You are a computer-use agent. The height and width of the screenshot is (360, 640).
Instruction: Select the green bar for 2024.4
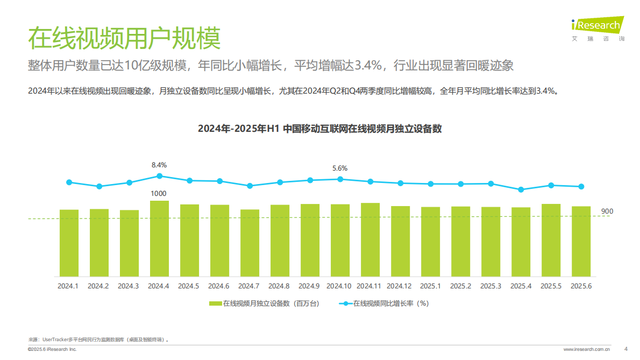159,238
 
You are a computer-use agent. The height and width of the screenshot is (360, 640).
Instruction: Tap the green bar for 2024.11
370,239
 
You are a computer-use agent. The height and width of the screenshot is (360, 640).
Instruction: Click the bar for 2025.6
581,241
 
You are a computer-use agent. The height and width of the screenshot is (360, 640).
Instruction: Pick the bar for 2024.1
69,243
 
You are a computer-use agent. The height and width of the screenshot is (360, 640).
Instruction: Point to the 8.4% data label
159,165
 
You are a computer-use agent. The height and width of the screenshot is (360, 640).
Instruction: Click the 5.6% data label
340,168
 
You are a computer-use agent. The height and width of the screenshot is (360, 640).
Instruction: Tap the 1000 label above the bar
159,193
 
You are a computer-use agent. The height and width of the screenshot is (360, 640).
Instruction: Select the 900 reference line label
607,211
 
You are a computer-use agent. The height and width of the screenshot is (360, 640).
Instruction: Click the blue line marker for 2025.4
521,189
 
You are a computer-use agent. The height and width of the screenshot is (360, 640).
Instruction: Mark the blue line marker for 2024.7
250,186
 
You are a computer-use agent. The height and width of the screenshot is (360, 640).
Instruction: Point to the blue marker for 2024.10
340,179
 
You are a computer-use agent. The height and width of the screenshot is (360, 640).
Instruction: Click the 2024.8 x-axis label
280,286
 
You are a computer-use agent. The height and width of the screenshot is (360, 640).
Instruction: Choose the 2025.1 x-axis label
430,286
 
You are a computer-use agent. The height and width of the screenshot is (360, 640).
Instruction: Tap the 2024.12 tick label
400,286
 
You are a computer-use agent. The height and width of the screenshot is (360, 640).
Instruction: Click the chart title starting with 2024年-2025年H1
319,129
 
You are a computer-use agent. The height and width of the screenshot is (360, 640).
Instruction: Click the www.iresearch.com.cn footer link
586,349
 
